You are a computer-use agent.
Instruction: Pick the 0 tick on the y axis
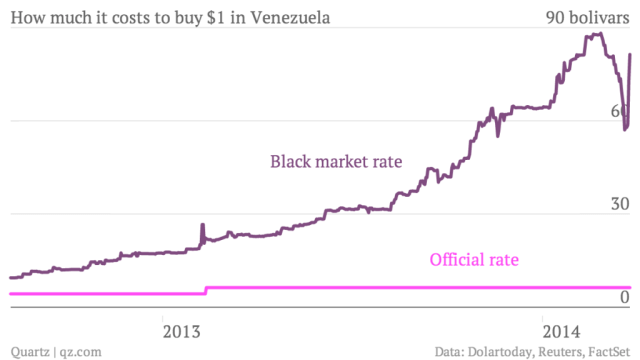(x=624, y=298)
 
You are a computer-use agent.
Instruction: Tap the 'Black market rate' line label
(x=336, y=161)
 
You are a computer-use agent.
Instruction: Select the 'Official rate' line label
(x=474, y=262)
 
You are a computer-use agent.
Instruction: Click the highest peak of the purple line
(x=597, y=34)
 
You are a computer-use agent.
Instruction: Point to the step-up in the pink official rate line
(x=206, y=291)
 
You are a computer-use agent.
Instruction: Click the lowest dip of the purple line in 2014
(x=625, y=129)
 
